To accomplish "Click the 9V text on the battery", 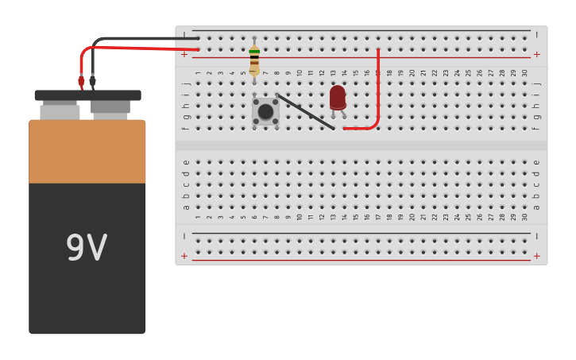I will (86, 248).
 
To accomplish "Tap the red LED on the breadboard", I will (338, 97).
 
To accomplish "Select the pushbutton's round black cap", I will (265, 111).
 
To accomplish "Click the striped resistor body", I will (254, 60).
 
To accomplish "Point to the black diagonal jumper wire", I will (305, 110).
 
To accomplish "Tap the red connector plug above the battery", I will (81, 80).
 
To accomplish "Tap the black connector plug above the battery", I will (93, 80).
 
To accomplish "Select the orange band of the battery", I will (87, 151).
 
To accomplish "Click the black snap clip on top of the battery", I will (87, 95).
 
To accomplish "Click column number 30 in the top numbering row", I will (524, 72).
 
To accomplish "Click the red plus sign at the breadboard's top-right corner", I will (536, 54).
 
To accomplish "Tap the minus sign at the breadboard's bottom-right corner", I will (536, 236).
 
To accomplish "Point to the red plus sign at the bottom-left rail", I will (184, 256).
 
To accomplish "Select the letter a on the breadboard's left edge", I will (186, 207).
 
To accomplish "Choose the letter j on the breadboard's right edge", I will (536, 83).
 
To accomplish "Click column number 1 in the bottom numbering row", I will (198, 216).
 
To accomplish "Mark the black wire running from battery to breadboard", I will (135, 38).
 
